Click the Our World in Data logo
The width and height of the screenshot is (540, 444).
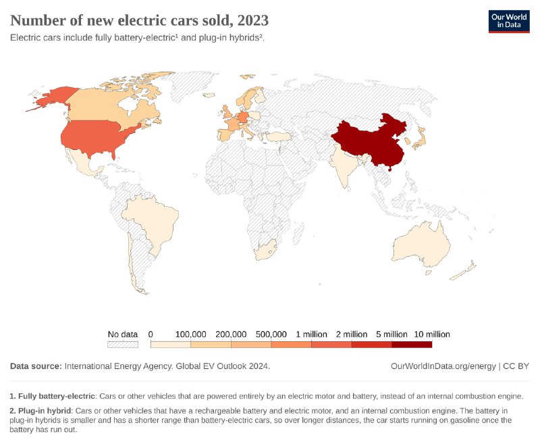(510, 21)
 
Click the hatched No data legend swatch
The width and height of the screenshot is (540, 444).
(123, 345)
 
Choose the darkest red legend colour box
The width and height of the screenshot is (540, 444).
(412, 345)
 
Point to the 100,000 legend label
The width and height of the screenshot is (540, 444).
(191, 335)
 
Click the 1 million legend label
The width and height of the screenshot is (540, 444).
(311, 335)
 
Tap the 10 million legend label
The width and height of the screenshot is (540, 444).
(432, 335)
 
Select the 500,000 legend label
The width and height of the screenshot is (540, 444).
(271, 335)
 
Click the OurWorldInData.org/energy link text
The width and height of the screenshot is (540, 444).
(443, 366)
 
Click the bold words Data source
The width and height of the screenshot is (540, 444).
(35, 366)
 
